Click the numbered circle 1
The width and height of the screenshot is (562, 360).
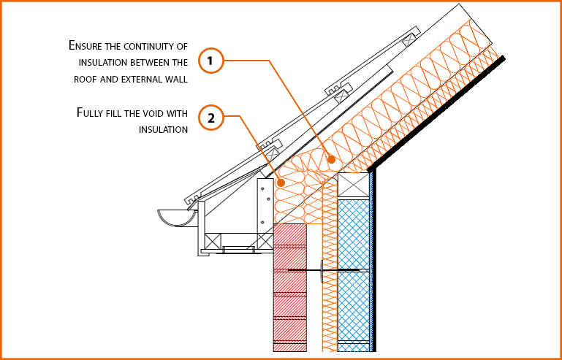[x=210, y=61]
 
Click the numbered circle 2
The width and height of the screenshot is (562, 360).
[x=210, y=118]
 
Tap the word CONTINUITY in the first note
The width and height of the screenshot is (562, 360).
[x=151, y=46]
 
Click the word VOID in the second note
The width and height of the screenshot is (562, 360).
[x=153, y=113]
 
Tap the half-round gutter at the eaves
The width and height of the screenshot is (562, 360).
[x=176, y=217]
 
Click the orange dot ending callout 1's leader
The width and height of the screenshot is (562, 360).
[x=332, y=158]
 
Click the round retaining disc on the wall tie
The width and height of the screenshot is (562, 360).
[x=322, y=270]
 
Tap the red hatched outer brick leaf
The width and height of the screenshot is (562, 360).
[x=289, y=292]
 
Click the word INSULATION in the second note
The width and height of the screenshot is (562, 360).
[x=164, y=130]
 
